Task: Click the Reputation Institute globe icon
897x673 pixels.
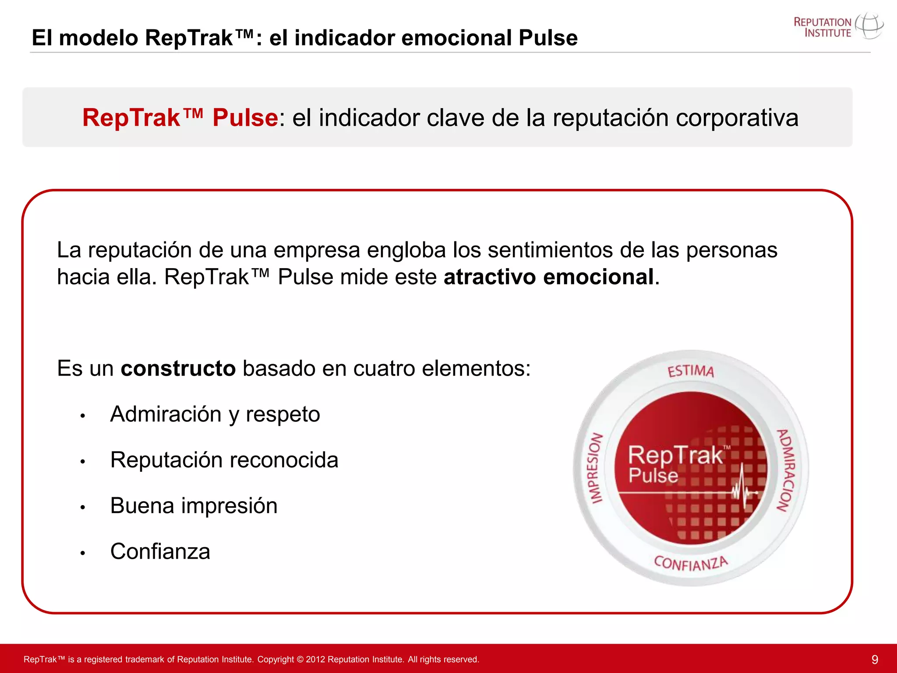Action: (x=869, y=26)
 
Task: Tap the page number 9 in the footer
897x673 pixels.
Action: (x=875, y=659)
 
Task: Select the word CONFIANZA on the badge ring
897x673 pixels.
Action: (x=691, y=563)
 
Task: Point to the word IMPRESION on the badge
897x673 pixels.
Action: (x=595, y=468)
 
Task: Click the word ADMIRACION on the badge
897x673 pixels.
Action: (x=786, y=470)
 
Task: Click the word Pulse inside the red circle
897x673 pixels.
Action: (x=653, y=475)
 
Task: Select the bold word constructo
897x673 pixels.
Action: (x=178, y=368)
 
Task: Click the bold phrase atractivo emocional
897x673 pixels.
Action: (x=549, y=277)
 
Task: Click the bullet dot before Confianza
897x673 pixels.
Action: (x=82, y=553)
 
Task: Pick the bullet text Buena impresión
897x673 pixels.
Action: (x=194, y=506)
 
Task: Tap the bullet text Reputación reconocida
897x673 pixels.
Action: (x=224, y=460)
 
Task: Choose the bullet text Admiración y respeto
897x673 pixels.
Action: (x=215, y=414)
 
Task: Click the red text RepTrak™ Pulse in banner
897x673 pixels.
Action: (x=180, y=117)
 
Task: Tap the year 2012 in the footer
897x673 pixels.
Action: (x=315, y=659)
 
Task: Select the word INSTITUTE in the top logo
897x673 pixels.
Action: (x=827, y=33)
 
